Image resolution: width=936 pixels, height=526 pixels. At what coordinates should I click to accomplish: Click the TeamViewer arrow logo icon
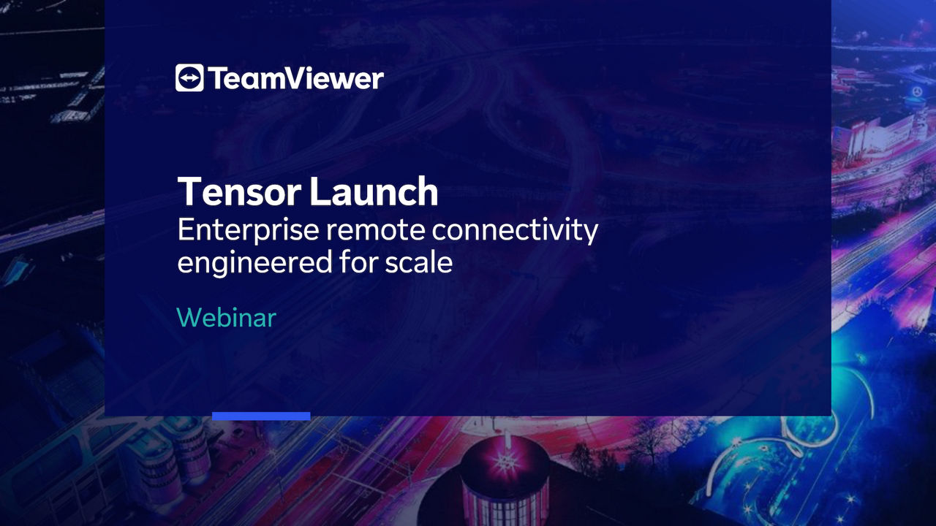click(x=189, y=77)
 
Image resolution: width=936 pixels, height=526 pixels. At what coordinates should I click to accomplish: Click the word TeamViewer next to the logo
click(x=296, y=78)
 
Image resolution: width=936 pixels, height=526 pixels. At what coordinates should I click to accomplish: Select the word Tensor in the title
click(x=239, y=191)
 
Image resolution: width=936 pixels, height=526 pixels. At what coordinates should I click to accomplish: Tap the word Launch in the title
click(x=374, y=191)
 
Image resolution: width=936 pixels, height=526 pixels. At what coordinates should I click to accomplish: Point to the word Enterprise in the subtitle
click(x=249, y=231)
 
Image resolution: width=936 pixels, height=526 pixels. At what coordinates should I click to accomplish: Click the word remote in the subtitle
click(x=376, y=230)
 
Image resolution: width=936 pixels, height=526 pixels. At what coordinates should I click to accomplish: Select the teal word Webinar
click(x=227, y=318)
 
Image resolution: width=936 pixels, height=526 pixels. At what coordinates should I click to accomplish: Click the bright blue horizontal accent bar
click(x=261, y=416)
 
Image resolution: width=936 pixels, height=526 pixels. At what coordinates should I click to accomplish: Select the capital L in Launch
click(x=320, y=191)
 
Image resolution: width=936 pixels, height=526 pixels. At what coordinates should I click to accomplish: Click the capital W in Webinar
click(x=191, y=318)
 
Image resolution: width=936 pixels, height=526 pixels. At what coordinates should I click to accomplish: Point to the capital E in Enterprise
click(x=185, y=229)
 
